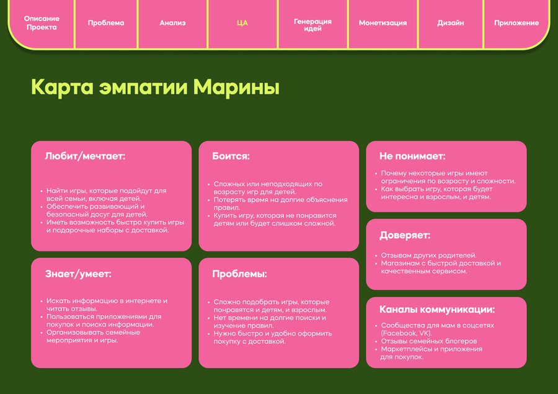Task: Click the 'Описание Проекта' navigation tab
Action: [x=42, y=23]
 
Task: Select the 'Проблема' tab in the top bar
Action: [x=106, y=23]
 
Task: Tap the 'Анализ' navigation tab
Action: [x=172, y=23]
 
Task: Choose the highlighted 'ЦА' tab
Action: [x=242, y=23]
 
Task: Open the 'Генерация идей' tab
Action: [x=312, y=25]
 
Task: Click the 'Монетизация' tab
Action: [x=383, y=23]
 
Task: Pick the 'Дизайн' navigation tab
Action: [x=451, y=23]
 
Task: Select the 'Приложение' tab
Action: [x=516, y=23]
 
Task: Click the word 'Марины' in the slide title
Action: [x=236, y=87]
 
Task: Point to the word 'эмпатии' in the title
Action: [x=143, y=87]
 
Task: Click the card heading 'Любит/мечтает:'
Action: [x=85, y=156]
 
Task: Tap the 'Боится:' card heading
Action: [x=231, y=156]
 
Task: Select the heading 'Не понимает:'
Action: [x=412, y=156]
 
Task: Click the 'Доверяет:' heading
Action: [x=405, y=235]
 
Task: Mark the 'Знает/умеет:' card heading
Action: [x=78, y=274]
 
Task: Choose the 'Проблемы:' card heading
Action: [x=239, y=274]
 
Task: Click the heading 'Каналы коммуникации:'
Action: [x=437, y=309]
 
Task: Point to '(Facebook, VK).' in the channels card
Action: [x=406, y=333]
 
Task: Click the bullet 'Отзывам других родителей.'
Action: [x=428, y=256]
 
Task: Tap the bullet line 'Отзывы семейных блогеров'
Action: [x=429, y=341]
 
